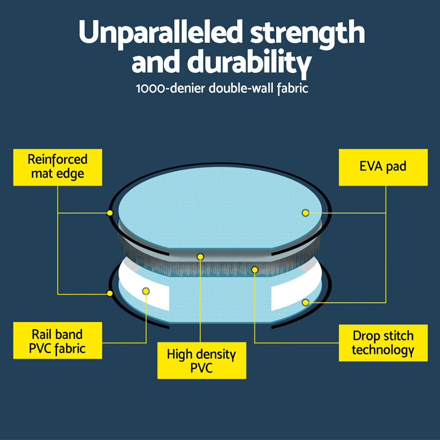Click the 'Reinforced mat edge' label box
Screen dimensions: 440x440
pyautogui.click(x=58, y=167)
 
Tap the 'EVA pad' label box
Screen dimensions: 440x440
pyautogui.click(x=383, y=167)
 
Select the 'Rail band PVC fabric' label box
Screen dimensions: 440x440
pyautogui.click(x=58, y=340)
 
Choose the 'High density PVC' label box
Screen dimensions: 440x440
pyautogui.click(x=202, y=360)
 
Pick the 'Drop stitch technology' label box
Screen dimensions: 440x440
pyautogui.click(x=383, y=343)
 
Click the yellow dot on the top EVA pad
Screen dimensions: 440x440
pyautogui.click(x=305, y=213)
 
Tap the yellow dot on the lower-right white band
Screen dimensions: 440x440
pyautogui.click(x=305, y=302)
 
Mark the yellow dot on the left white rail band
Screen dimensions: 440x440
pyautogui.click(x=146, y=291)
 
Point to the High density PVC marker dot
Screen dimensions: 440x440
pyautogui.click(x=200, y=257)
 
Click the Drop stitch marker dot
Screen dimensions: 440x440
pyautogui.click(x=254, y=270)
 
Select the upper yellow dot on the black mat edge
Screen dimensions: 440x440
pyautogui.click(x=110, y=213)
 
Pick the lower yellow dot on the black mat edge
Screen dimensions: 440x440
pyautogui.click(x=110, y=293)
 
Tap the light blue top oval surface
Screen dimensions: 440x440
pyautogui.click(x=220, y=208)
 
